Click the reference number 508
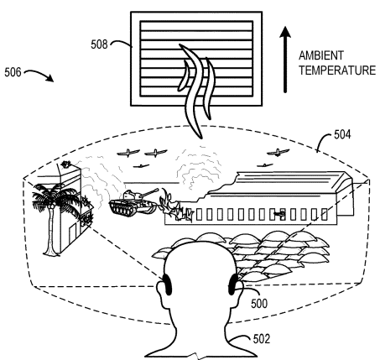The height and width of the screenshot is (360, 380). click(x=99, y=44)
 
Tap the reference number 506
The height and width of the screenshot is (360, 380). click(x=13, y=72)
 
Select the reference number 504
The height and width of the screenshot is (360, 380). click(x=342, y=135)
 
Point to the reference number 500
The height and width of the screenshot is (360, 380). click(x=259, y=304)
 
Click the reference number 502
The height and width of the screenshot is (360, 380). click(x=262, y=339)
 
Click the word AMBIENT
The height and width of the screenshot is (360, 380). click(x=321, y=55)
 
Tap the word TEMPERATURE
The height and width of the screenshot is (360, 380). click(x=337, y=70)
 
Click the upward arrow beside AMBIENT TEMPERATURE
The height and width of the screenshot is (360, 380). click(x=285, y=60)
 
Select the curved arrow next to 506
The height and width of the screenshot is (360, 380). click(x=39, y=74)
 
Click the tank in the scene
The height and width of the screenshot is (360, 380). click(x=133, y=202)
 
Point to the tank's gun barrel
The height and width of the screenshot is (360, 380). click(x=148, y=193)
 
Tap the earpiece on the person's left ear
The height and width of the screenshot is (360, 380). click(x=167, y=284)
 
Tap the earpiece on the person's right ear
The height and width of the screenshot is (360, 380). click(x=233, y=284)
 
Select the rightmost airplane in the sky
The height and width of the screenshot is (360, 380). click(x=278, y=153)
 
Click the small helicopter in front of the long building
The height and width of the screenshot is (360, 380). click(x=278, y=214)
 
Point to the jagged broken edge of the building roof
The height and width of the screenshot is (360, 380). click(x=218, y=186)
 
